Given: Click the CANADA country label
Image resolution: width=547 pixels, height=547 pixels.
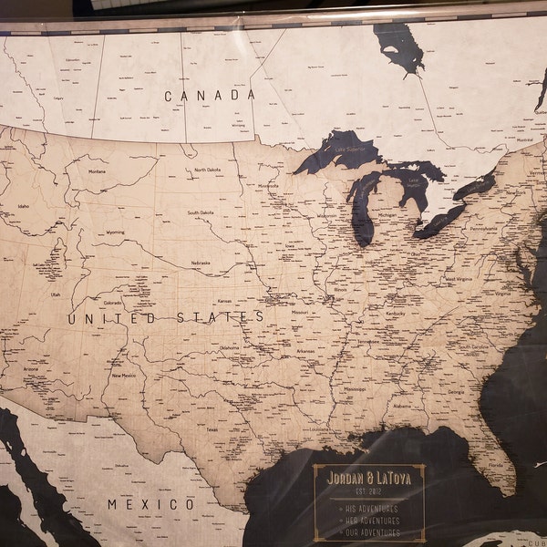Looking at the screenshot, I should (x=209, y=95).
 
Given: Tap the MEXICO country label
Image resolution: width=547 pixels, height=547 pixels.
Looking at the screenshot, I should (x=150, y=504).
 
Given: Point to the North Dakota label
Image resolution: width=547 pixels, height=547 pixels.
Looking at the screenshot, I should (x=207, y=170).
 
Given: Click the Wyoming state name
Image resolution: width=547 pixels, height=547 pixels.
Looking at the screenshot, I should (x=116, y=232).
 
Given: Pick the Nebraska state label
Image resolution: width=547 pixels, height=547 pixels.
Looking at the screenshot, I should (x=201, y=263).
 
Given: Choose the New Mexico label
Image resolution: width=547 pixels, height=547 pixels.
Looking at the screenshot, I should (x=124, y=375).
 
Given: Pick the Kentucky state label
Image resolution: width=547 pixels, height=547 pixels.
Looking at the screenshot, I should (x=396, y=313).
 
